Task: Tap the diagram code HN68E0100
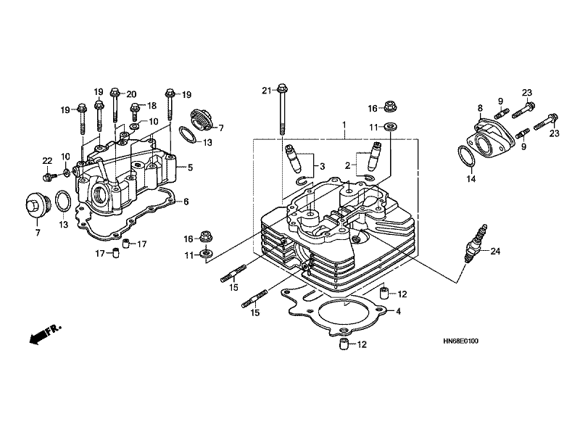point(460,341)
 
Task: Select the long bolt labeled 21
point(282,110)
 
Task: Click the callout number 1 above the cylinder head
point(344,125)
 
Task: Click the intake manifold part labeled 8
point(490,137)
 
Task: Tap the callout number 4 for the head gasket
point(398,312)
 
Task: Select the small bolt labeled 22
point(49,176)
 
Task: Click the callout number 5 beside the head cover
point(190,167)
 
